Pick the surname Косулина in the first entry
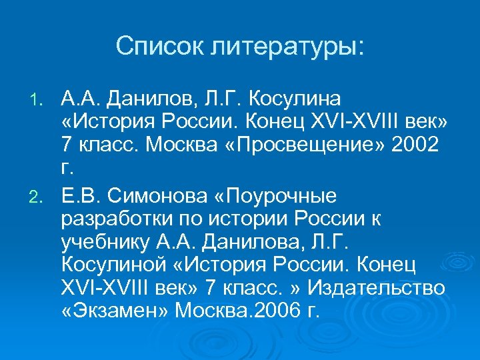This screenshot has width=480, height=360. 294,99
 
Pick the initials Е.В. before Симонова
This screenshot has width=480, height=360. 81,196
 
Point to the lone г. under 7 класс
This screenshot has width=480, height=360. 66,169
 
